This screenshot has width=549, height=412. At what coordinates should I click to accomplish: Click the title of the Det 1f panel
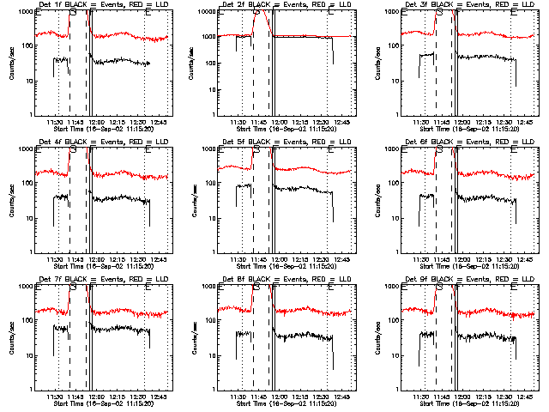(103, 6)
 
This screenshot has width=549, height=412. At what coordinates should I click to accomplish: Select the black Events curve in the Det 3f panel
(489, 58)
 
